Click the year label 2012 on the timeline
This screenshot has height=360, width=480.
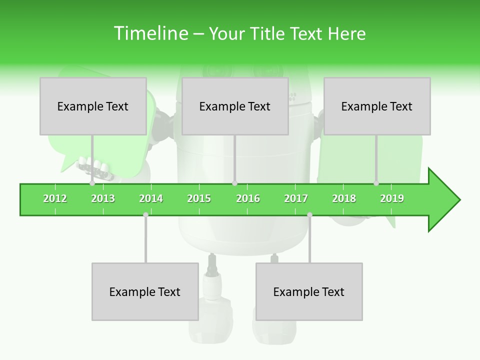point(55,198)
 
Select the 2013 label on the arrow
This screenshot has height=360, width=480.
point(103,198)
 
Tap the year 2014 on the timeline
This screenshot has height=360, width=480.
point(151,198)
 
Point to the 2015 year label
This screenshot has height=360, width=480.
point(199,198)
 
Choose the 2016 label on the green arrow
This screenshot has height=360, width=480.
point(248,198)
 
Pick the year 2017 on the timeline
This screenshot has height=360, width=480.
point(296,198)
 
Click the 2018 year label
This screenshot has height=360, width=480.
point(344,198)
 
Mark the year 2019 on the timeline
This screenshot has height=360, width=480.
point(392,198)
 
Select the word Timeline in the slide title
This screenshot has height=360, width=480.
point(150,33)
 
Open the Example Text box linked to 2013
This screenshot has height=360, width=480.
point(93,106)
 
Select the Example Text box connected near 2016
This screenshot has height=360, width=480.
point(235,106)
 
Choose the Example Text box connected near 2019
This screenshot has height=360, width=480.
point(377,106)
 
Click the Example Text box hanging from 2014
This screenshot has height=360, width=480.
point(145,291)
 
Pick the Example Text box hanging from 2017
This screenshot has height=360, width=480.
point(309,291)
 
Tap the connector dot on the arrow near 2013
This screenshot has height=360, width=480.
point(92,183)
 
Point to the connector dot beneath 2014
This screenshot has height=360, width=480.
point(145,214)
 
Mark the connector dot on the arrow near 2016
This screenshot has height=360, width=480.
point(234,183)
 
